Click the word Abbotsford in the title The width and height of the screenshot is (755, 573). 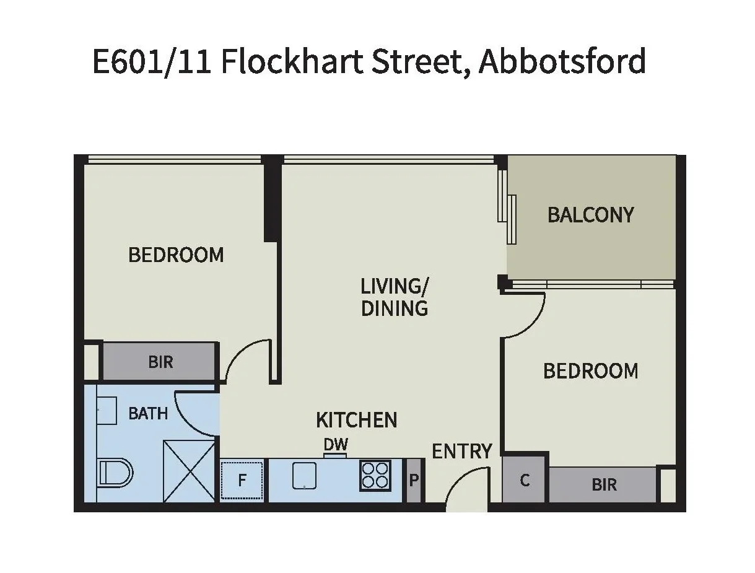click(x=562, y=62)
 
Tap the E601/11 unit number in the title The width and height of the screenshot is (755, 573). click(x=152, y=62)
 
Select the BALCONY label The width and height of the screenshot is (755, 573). click(x=591, y=215)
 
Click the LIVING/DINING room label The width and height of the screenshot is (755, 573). click(x=395, y=297)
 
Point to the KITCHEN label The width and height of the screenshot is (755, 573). click(x=357, y=420)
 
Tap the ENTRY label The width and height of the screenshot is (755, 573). click(x=462, y=451)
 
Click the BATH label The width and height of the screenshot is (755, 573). click(x=148, y=413)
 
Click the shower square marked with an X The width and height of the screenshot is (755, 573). click(x=190, y=471)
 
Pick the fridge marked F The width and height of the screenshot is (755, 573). click(x=243, y=480)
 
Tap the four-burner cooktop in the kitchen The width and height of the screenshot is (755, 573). click(x=375, y=476)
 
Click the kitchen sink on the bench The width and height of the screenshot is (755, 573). click(x=304, y=476)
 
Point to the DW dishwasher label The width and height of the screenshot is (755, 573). click(x=336, y=444)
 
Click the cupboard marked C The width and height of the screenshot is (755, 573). click(x=525, y=480)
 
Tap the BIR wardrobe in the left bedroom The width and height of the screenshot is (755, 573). click(x=160, y=362)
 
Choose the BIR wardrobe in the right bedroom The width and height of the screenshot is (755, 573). click(x=603, y=484)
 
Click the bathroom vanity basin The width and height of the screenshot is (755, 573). click(x=107, y=410)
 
